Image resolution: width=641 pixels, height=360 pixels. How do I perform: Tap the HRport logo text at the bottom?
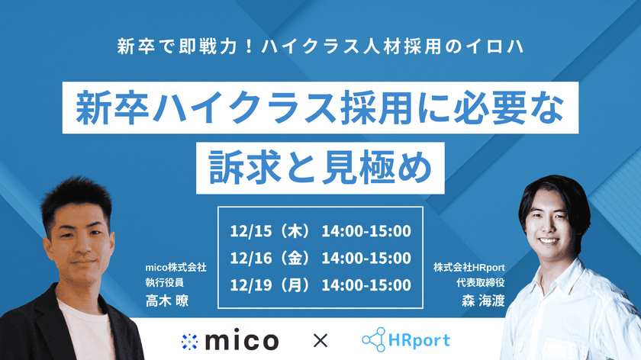pyautogui.click(x=418, y=339)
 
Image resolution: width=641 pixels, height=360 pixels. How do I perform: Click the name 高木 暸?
pyautogui.click(x=166, y=300)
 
